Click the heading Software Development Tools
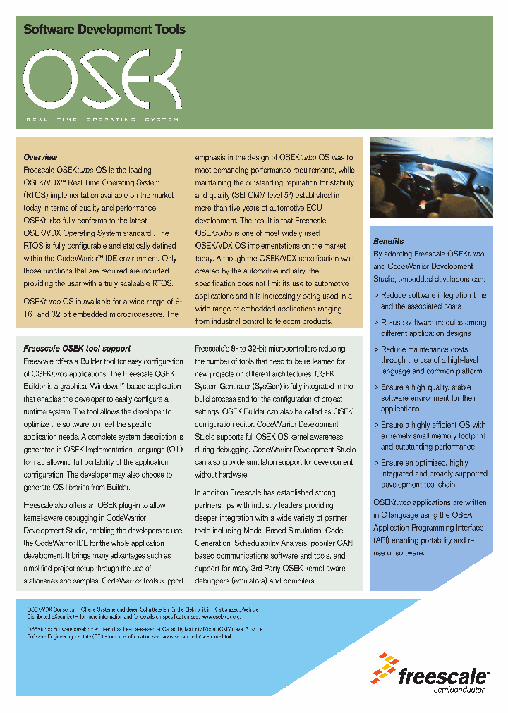104,30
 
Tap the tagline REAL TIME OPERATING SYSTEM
103,120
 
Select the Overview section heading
40,157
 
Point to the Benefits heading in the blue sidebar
389,241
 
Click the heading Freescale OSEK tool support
77,348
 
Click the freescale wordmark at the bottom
442,677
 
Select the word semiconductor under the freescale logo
459,690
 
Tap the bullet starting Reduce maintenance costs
430,360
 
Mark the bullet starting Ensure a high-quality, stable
430,398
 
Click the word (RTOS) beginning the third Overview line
37,195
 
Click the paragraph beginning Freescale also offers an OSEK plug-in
103,542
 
